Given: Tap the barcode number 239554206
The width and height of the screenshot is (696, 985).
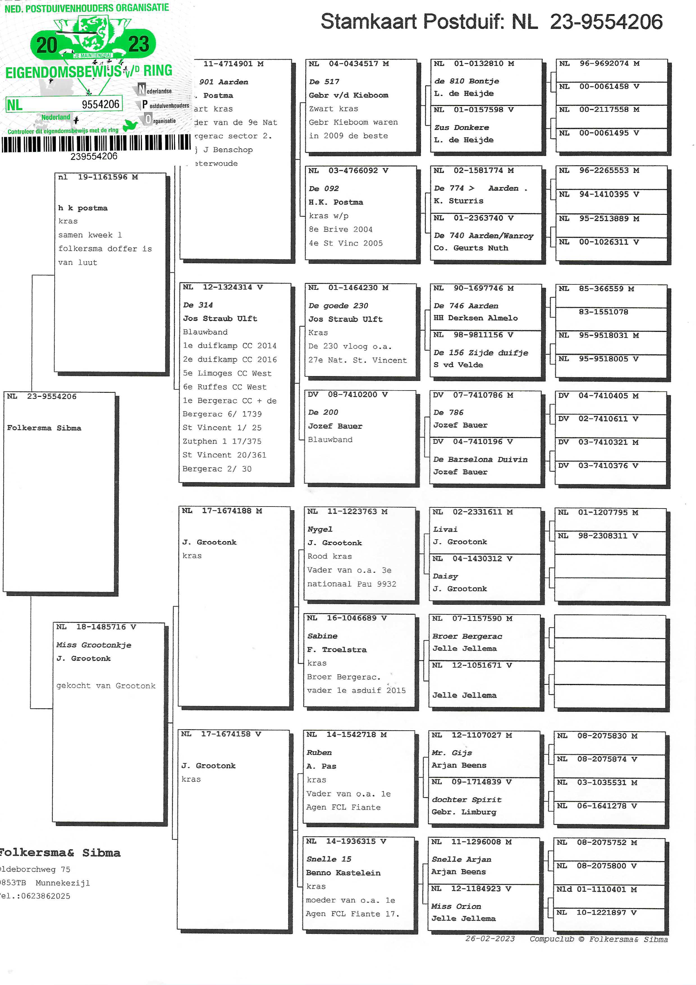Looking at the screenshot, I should pyautogui.click(x=94, y=156).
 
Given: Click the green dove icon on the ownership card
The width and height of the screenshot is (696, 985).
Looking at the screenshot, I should pyautogui.click(x=130, y=125).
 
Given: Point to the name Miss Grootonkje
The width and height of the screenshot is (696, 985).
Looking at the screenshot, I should pyautogui.click(x=93, y=645).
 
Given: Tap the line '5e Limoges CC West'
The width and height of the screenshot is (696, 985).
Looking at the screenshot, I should pyautogui.click(x=227, y=373).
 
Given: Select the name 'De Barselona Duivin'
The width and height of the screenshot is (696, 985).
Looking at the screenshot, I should pyautogui.click(x=480, y=459).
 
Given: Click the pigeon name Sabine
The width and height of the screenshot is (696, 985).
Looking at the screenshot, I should pyautogui.click(x=322, y=636).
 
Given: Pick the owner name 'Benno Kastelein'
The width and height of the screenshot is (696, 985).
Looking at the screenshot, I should pyautogui.click(x=343, y=873).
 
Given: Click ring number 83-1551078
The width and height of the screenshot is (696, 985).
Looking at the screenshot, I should pyautogui.click(x=603, y=312).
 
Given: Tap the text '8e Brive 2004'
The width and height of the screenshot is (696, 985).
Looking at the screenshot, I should pyautogui.click(x=340, y=229).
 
